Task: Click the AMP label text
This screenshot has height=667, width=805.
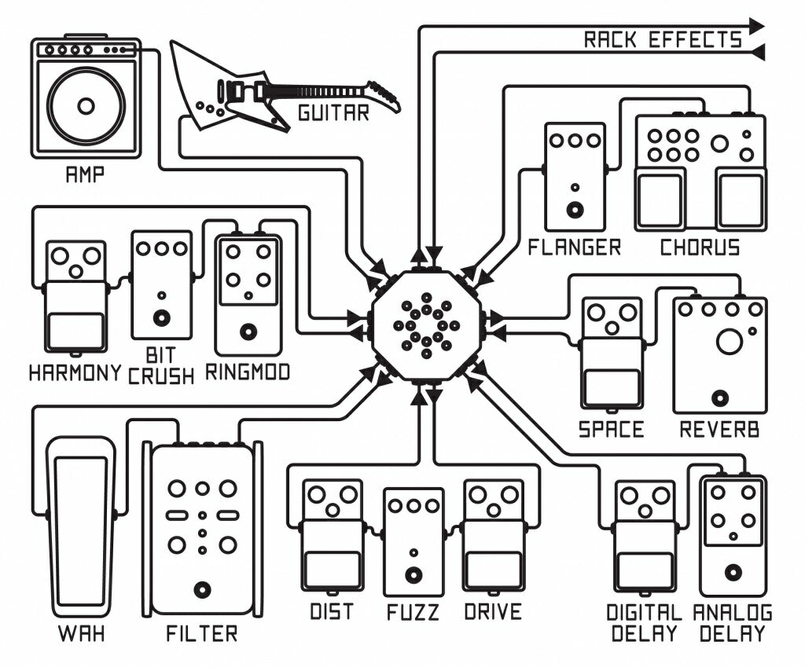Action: click(x=84, y=174)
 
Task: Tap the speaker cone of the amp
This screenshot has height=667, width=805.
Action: click(x=86, y=105)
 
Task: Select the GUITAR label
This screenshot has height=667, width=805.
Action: click(x=333, y=113)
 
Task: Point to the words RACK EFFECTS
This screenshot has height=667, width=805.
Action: click(x=662, y=40)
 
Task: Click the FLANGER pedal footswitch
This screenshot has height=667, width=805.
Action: click(x=575, y=210)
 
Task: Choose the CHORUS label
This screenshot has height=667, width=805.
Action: click(x=700, y=248)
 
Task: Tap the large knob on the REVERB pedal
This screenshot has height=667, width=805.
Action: click(x=729, y=342)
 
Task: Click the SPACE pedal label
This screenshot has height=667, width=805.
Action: click(x=611, y=430)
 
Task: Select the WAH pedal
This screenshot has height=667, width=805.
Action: click(x=80, y=526)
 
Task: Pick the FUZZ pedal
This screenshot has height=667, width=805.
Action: click(x=414, y=542)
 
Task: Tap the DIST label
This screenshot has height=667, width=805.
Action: click(x=332, y=611)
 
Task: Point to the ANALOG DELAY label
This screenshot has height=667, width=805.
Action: click(x=733, y=623)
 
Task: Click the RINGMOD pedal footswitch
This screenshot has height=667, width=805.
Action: click(x=248, y=331)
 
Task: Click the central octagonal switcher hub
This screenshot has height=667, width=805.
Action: click(x=426, y=324)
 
